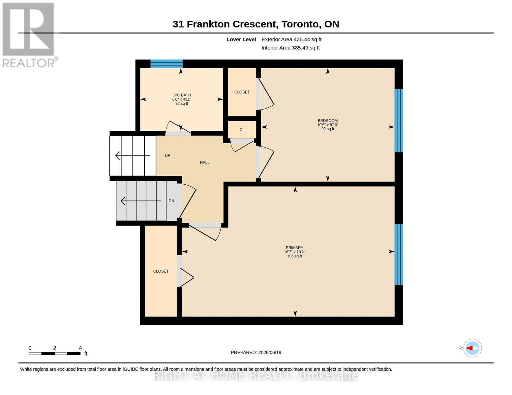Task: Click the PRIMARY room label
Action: click(x=294, y=248)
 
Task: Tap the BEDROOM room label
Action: click(x=327, y=121)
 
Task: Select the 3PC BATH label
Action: click(x=181, y=95)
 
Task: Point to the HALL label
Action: click(x=204, y=163)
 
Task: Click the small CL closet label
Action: click(x=242, y=130)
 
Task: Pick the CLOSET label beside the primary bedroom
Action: click(x=161, y=271)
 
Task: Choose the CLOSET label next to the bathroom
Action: click(x=242, y=92)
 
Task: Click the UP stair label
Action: click(x=167, y=155)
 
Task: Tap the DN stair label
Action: click(x=171, y=201)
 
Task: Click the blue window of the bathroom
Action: click(x=166, y=64)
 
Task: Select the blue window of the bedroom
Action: click(x=399, y=121)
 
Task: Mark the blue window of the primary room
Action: click(x=399, y=254)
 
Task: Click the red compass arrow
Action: click(x=469, y=348)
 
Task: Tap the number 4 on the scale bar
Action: click(x=80, y=348)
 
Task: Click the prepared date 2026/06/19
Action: click(x=270, y=353)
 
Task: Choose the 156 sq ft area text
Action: click(x=294, y=256)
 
